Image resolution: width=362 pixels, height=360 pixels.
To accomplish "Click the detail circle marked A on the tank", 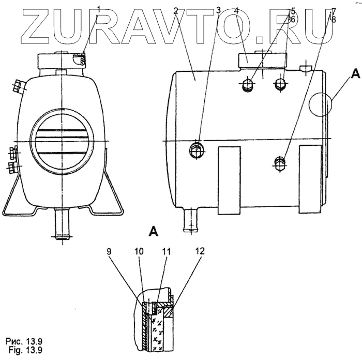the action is click(x=319, y=104).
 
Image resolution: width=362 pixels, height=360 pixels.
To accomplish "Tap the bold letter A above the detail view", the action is click(x=153, y=231).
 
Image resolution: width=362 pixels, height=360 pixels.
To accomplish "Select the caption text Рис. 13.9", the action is click(x=24, y=342).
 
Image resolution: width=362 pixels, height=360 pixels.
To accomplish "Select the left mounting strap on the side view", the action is click(x=229, y=179).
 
